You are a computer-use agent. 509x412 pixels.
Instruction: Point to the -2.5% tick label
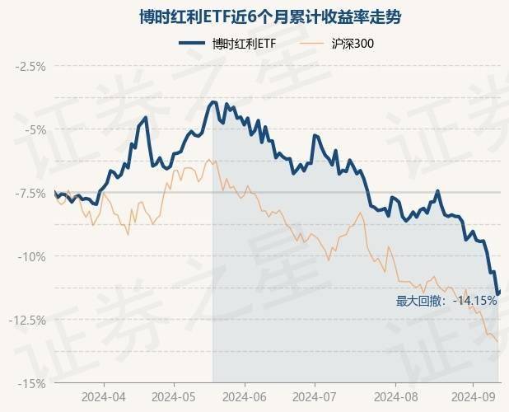30,66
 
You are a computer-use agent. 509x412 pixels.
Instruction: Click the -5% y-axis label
35,129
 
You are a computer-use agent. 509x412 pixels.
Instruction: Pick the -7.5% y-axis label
30,193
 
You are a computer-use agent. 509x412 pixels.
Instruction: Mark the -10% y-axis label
33,256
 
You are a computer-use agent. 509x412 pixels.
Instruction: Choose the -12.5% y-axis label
28,320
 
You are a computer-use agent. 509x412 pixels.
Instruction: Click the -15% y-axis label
33,383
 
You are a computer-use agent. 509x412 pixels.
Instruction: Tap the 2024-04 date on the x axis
105,396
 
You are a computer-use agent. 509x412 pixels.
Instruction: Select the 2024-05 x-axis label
175,396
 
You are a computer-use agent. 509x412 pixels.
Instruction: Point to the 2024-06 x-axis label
245,396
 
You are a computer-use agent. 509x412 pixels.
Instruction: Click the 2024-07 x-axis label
315,396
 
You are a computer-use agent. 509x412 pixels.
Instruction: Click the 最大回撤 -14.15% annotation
446,301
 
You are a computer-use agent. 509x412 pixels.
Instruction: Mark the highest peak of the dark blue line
213,101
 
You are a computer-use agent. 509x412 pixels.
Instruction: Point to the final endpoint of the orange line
497,340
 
